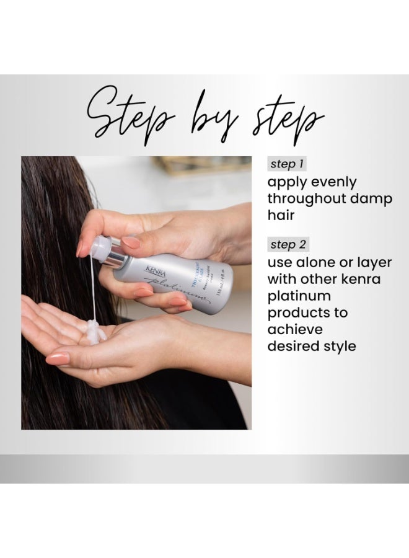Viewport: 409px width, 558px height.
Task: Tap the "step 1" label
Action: click(x=287, y=164)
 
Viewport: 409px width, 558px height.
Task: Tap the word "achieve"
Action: click(x=295, y=330)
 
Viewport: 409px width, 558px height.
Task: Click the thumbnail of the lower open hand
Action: click(x=56, y=358)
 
